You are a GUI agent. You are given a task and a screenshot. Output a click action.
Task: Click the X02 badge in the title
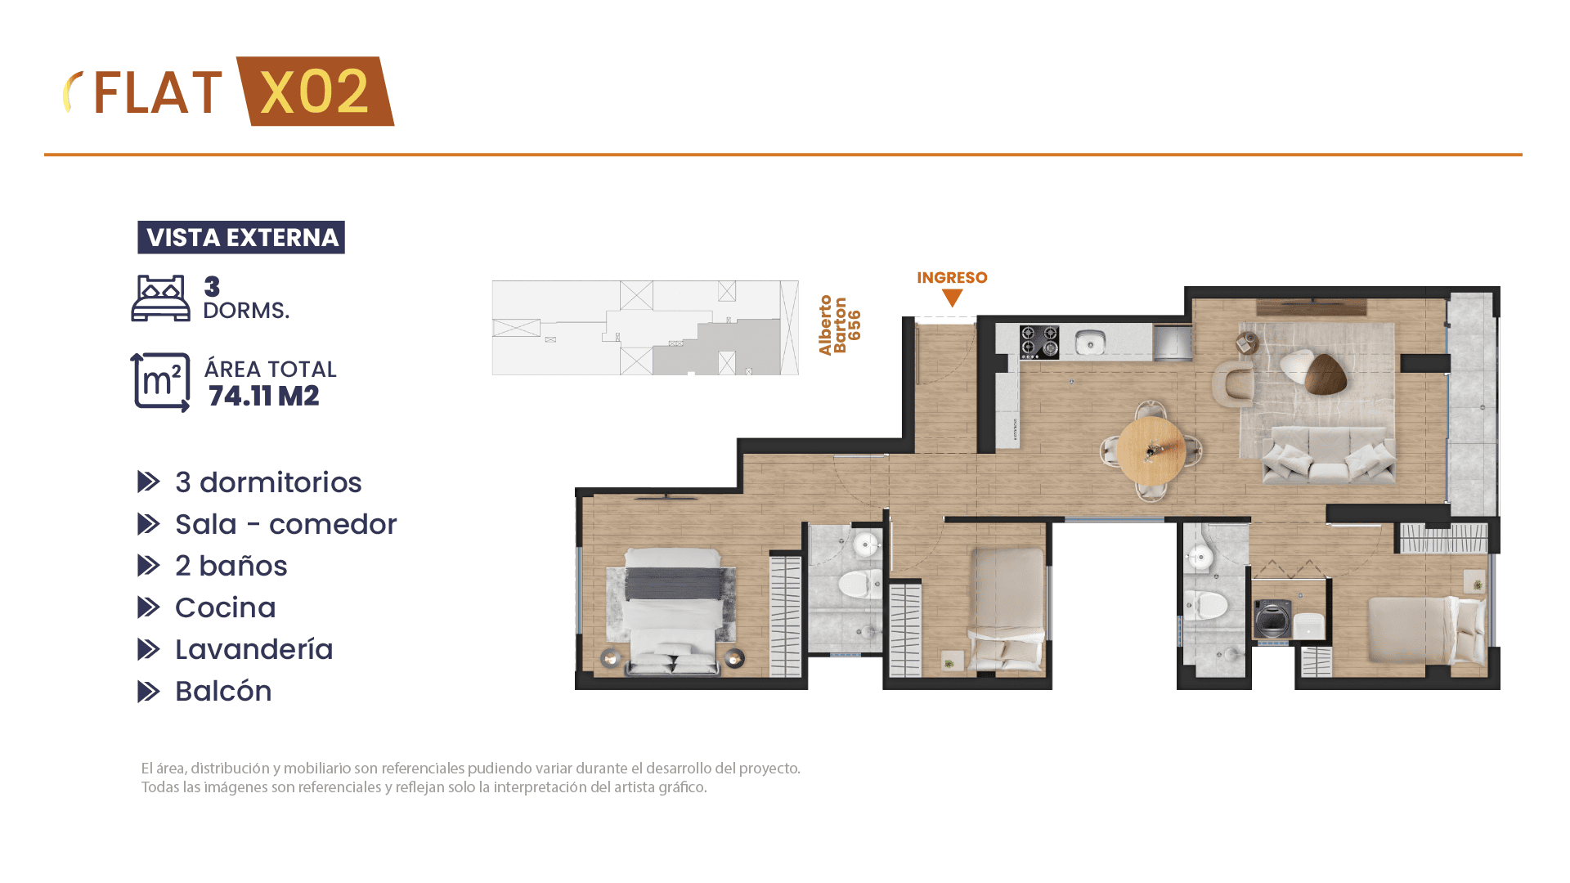point(316,92)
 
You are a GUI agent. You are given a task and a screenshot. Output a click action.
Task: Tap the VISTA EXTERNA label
point(241,237)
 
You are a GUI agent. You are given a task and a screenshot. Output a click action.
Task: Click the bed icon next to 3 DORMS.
point(160,298)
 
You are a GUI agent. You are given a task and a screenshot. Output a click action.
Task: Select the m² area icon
point(160,383)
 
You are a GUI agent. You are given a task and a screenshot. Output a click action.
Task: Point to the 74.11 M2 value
point(263,397)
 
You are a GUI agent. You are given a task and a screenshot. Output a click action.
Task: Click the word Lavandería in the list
point(254,649)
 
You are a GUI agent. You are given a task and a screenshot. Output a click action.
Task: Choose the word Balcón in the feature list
point(223,691)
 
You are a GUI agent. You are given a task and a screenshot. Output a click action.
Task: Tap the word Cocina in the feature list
point(226,607)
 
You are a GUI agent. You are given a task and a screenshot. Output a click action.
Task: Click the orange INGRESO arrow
point(952,297)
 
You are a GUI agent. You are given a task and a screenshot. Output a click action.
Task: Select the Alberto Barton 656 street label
point(840,325)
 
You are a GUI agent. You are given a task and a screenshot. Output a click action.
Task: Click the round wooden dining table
point(1151,450)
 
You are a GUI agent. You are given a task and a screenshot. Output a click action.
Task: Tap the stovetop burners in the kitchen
point(1039,342)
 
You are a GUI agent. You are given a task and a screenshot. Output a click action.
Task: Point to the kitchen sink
point(1090,342)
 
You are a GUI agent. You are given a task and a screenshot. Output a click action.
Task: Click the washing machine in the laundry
point(1272,619)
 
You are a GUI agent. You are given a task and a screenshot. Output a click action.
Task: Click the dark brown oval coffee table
point(1326,374)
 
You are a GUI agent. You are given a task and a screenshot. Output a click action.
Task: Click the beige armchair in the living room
point(1233,383)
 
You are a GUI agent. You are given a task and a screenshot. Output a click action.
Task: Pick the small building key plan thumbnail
point(645,328)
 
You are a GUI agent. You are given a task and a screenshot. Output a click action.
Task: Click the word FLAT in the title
point(157,93)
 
